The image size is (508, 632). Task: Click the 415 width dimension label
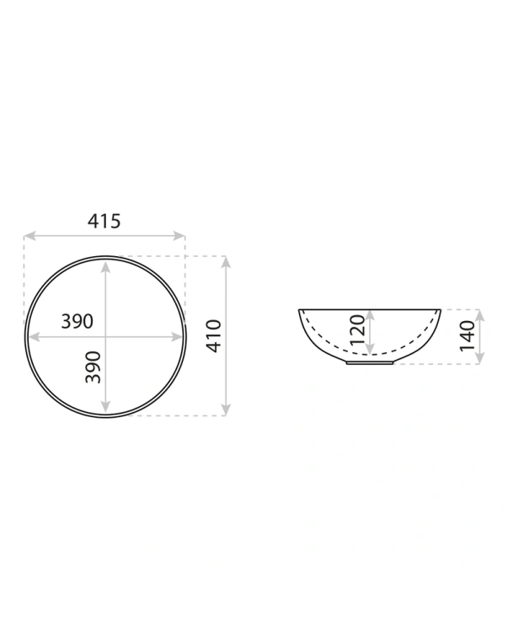pos(104,221)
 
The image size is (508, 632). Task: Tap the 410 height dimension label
pos(214,335)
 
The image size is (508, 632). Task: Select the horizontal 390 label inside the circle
pos(77,321)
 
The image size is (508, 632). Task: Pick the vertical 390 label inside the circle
pos(93,367)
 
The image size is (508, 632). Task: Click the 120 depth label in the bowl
pos(357,330)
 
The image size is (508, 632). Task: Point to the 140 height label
pos(468,335)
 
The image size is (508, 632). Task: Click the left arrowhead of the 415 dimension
pos(29,236)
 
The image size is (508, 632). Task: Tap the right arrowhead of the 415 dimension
pos(179,236)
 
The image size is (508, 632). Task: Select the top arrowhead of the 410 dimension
pos(226,262)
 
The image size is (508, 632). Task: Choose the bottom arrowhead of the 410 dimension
pos(226,410)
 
